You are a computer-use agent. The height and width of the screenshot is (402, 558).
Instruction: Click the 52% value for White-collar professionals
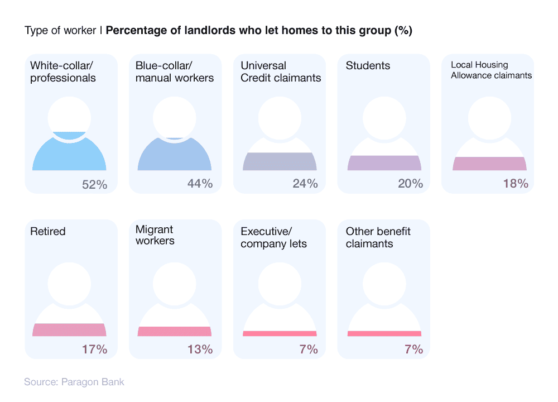94,183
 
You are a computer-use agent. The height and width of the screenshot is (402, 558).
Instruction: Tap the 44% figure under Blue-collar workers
199,183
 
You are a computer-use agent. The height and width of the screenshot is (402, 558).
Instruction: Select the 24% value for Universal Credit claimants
305,183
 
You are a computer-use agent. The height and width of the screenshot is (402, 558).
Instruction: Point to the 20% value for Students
410,183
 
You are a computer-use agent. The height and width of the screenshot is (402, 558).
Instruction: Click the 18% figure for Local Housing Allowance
515,183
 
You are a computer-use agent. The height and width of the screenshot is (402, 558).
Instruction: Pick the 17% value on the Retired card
94,350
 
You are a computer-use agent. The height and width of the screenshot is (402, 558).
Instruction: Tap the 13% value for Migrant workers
199,350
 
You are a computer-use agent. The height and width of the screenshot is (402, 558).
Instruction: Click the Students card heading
368,66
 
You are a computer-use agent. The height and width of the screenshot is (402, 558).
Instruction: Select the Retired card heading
47,231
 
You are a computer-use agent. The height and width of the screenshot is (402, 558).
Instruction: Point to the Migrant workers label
155,236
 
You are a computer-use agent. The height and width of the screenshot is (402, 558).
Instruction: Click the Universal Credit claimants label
281,72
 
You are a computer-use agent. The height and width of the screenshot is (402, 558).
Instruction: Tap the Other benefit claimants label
378,237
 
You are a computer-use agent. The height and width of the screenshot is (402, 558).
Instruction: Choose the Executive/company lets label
273,237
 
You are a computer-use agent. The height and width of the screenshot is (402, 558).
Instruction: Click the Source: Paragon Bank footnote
74,382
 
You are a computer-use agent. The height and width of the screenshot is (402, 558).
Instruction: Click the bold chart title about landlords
259,31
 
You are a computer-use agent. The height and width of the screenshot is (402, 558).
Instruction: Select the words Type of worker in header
60,31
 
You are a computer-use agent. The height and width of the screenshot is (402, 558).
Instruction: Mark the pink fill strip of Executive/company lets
280,333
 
